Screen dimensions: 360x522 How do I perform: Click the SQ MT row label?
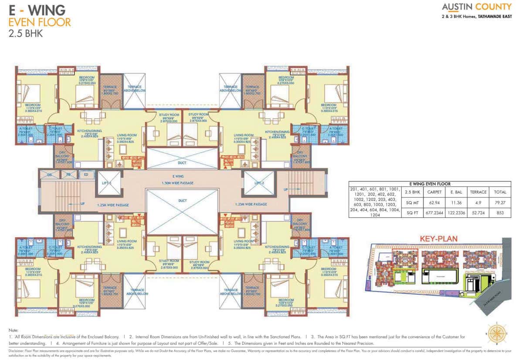point(413,202)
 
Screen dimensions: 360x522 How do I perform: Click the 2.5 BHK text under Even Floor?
point(25,33)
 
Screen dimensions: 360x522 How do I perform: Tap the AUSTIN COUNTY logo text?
point(476,7)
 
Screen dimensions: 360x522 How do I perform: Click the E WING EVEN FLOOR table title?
point(433,184)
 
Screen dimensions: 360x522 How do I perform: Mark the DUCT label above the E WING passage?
point(182,163)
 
